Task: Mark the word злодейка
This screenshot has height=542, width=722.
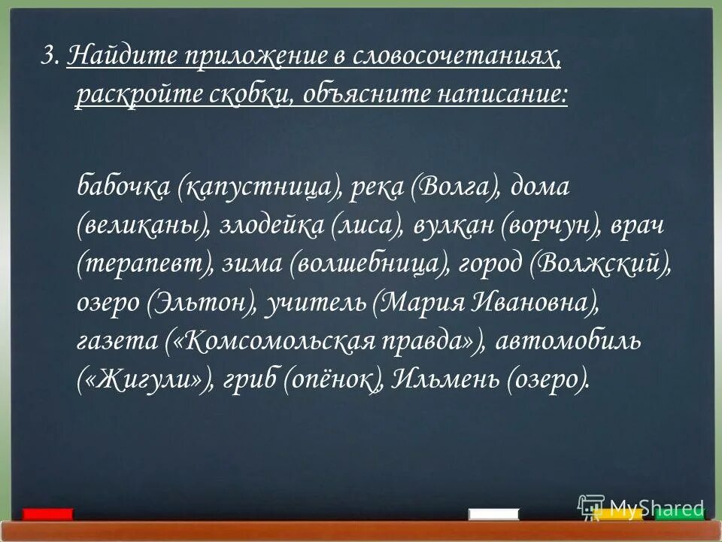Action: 271,225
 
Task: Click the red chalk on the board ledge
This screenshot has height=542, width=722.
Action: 47,514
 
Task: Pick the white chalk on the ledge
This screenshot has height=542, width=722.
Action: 493,514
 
